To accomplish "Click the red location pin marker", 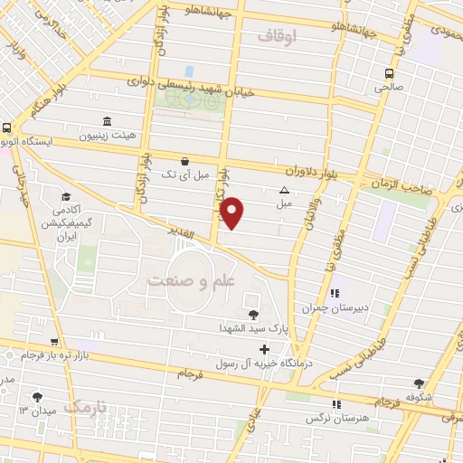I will click(232, 213).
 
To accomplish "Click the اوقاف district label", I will click(276, 36).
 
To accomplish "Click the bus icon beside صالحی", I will click(389, 74).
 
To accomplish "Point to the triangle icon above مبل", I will click(285, 190).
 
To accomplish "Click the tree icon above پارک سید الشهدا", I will click(252, 315).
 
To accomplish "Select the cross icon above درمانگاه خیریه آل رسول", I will click(264, 349).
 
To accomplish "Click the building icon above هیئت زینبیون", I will click(108, 122).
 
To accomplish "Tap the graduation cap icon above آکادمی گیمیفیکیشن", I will click(65, 197).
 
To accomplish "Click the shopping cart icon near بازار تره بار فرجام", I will click(55, 343).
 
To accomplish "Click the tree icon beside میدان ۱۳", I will click(37, 397).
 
